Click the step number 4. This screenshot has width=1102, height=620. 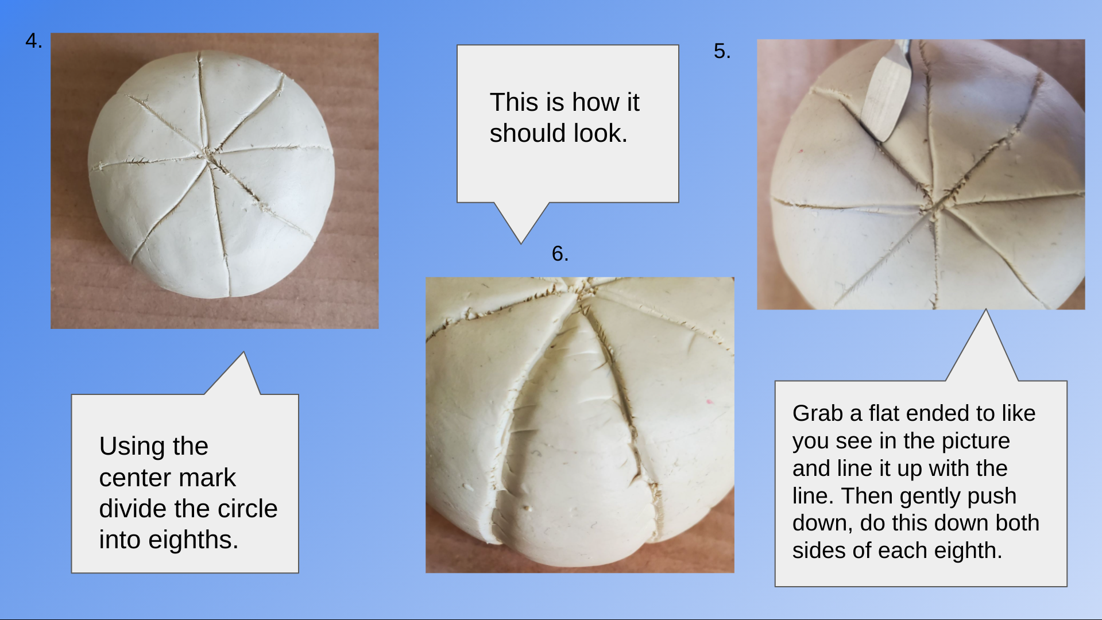point(33,41)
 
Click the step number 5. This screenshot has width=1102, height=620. point(722,51)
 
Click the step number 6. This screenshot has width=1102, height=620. point(560,254)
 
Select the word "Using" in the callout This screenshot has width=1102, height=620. point(132,447)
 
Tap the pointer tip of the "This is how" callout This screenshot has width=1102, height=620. point(521,244)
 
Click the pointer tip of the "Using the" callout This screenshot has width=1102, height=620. point(243,352)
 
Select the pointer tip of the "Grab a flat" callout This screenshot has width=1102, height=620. point(986,309)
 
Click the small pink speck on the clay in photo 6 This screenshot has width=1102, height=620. point(709,401)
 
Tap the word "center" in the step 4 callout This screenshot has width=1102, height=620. point(167,478)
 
